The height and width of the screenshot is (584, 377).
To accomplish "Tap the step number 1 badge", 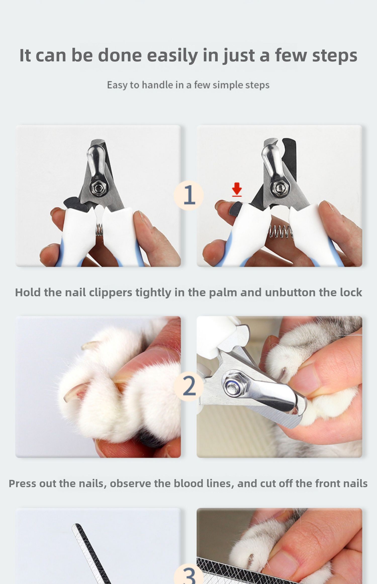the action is [189, 195].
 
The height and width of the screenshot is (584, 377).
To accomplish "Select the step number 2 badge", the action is [189, 386].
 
